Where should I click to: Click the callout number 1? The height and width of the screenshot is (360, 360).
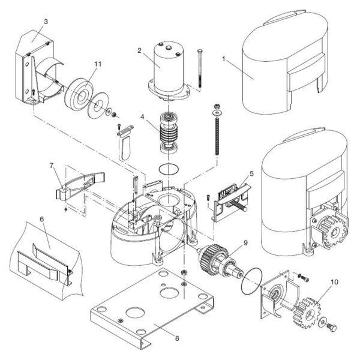pos(224,59)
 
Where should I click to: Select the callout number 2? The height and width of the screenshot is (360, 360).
pos(139,50)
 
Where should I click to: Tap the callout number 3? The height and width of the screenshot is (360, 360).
pos(46,22)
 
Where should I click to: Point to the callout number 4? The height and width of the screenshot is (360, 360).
pos(142,117)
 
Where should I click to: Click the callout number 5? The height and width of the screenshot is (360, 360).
pos(251,174)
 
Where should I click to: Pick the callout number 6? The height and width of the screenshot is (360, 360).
pos(42,219)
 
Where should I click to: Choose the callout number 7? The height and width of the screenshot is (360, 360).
pos(52,166)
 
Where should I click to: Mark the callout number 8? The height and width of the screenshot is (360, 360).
pos(177,338)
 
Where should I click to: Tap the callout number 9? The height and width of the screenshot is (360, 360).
pos(245,242)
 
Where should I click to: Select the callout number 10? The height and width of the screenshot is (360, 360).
pos(335,282)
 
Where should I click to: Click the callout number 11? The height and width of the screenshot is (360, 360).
pos(98,64)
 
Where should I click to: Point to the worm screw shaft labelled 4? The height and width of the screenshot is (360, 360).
pos(169,133)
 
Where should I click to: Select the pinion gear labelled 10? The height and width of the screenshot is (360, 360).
pos(307,313)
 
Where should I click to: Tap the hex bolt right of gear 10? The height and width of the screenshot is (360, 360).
pos(332,327)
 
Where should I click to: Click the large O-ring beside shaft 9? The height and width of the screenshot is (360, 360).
pos(251,281)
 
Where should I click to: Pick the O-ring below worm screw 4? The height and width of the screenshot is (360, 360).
pos(169,169)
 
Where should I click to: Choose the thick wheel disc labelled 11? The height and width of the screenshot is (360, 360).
pos(79,94)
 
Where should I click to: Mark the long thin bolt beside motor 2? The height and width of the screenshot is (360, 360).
pos(200,68)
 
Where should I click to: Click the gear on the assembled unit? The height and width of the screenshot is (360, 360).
pos(332,231)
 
